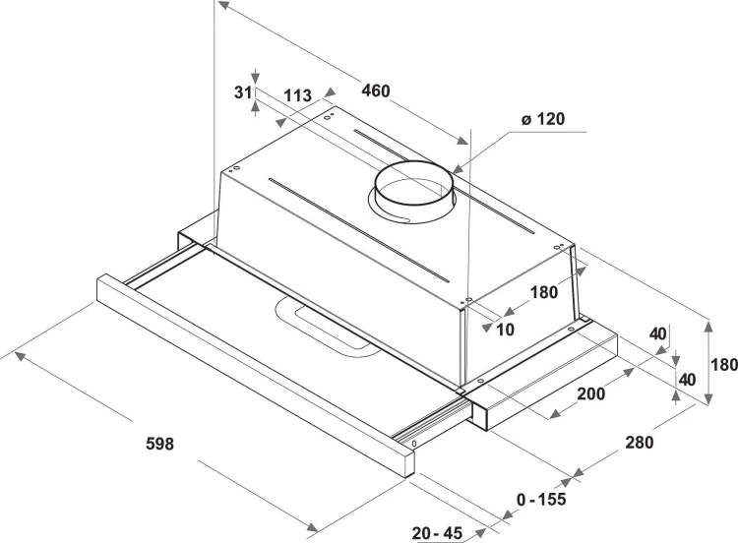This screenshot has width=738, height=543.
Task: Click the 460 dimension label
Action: pos(376,90)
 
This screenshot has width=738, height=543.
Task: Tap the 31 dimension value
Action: pos(243,92)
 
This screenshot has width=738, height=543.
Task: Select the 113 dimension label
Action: pos(297,95)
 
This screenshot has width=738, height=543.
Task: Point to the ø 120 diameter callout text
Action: pos(542,119)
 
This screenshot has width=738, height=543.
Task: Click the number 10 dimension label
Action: pos(505,330)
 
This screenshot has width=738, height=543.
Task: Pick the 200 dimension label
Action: pos(591,393)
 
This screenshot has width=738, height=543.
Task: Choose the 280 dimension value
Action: pos(640,443)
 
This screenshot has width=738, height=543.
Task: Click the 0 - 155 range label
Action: pos(541,500)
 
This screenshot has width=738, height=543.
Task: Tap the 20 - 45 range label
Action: pos(437,533)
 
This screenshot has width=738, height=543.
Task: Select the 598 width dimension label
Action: pos(160,444)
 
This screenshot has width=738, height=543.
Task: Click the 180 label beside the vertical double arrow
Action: pos(724,365)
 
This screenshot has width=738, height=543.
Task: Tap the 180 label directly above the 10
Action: pos(544,293)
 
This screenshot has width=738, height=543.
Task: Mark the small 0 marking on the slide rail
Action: pos(414,444)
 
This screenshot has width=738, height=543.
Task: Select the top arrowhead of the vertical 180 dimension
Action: pos(707,326)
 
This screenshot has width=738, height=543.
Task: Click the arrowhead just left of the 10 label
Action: pos(486,327)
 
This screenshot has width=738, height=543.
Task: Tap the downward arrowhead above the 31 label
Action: pos(255,78)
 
